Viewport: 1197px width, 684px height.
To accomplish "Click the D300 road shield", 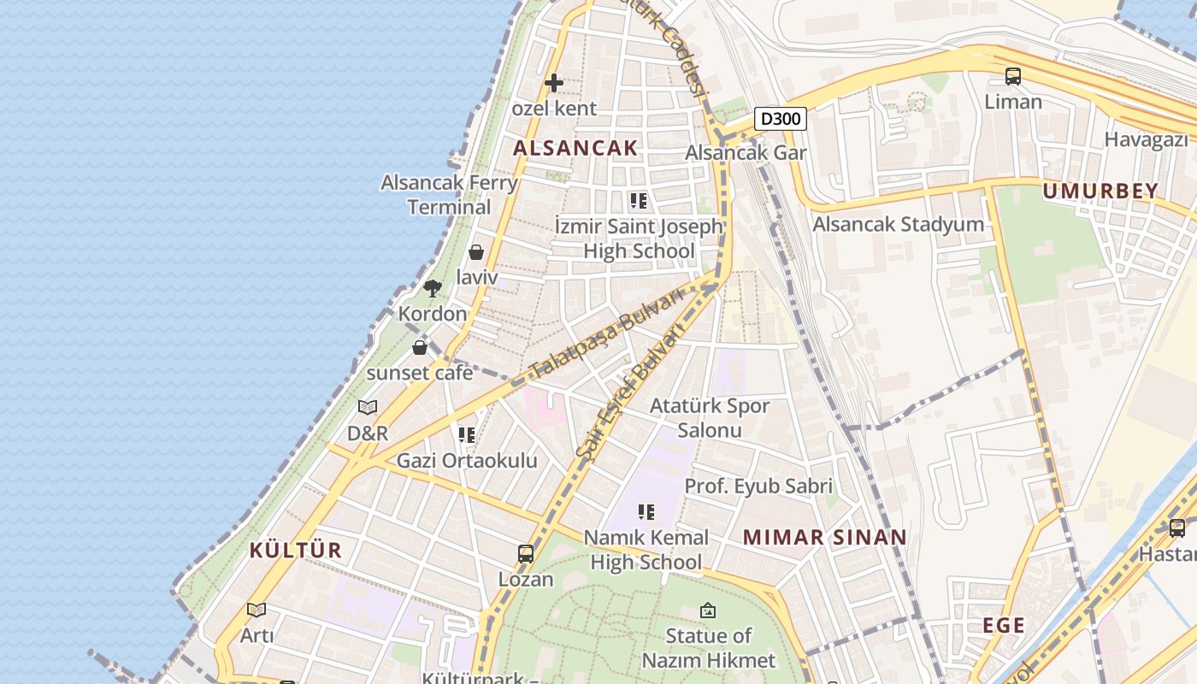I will tap(781, 118).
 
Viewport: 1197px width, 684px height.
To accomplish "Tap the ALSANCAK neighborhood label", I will tap(575, 147).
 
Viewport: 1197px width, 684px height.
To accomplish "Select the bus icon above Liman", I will tap(1013, 76).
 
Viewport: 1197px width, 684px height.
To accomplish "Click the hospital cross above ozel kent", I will tap(554, 83).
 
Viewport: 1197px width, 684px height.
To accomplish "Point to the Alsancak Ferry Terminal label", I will tap(449, 194).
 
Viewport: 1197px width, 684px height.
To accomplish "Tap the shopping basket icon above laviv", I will tap(476, 252).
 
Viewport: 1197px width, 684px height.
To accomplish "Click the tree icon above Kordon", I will tap(433, 288).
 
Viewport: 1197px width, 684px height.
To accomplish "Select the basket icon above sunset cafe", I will tap(420, 348).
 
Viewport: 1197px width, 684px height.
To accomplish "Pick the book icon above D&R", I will tap(368, 408).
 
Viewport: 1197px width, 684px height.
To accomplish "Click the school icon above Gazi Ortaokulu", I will tap(467, 435).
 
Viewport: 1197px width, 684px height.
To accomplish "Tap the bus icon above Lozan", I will tap(526, 554).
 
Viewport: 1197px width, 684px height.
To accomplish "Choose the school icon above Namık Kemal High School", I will tap(646, 512).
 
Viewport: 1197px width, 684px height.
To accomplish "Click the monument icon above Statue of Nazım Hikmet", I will tap(708, 610).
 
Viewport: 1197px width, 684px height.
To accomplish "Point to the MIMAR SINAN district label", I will tap(824, 537).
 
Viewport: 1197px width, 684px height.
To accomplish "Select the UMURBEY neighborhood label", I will tap(1100, 191).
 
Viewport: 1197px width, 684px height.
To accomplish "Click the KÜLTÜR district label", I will tap(296, 550).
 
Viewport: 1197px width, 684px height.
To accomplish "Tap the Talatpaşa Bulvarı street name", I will tap(606, 333).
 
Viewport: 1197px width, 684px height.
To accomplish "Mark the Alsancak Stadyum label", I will tap(898, 224).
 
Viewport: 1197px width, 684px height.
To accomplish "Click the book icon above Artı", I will tap(256, 610).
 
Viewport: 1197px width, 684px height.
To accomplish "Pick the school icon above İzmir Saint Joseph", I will tap(639, 201).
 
